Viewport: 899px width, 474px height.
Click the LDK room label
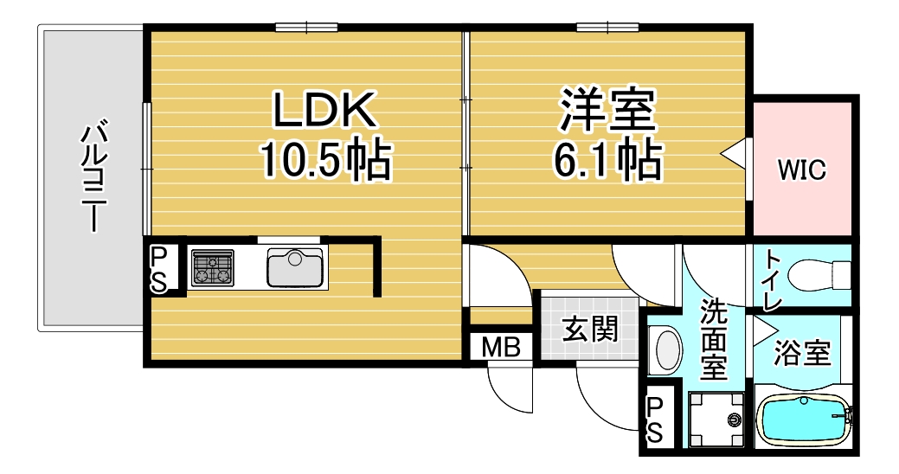point(324,110)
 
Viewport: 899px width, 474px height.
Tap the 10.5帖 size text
point(325,159)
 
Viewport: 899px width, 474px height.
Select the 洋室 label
point(607,110)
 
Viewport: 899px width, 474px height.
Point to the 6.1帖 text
point(607,159)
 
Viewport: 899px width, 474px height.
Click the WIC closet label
point(801,170)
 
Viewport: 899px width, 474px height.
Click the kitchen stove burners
point(213,267)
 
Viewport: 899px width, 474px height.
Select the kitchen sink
point(295,267)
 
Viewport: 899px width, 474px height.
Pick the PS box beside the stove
point(159,269)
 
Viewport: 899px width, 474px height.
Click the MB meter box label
point(501,348)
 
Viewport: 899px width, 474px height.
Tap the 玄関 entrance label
point(590,330)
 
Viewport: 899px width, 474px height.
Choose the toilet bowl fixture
point(819,275)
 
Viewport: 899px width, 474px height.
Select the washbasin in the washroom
point(666,348)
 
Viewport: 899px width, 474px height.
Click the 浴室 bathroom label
point(802,353)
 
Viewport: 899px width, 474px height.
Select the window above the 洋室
point(607,26)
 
